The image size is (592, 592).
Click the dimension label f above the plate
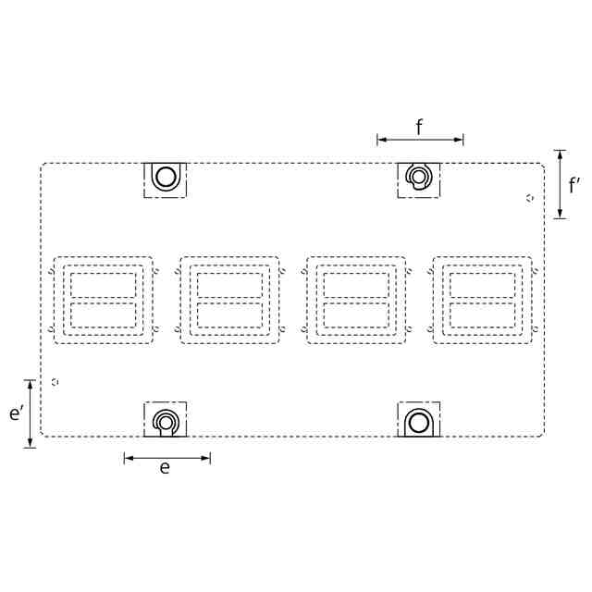click(x=419, y=127)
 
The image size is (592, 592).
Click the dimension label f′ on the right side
click(x=574, y=185)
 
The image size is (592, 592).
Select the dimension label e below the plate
click(x=165, y=468)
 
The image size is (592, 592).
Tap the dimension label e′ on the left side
click(x=17, y=413)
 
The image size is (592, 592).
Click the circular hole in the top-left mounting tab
click(x=166, y=177)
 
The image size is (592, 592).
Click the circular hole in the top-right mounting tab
click(x=417, y=177)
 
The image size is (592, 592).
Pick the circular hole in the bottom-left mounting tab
click(x=165, y=424)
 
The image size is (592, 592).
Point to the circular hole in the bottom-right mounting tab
click(x=419, y=423)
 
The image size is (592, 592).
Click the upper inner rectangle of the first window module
click(x=103, y=285)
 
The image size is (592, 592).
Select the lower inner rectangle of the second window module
click(x=229, y=315)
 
